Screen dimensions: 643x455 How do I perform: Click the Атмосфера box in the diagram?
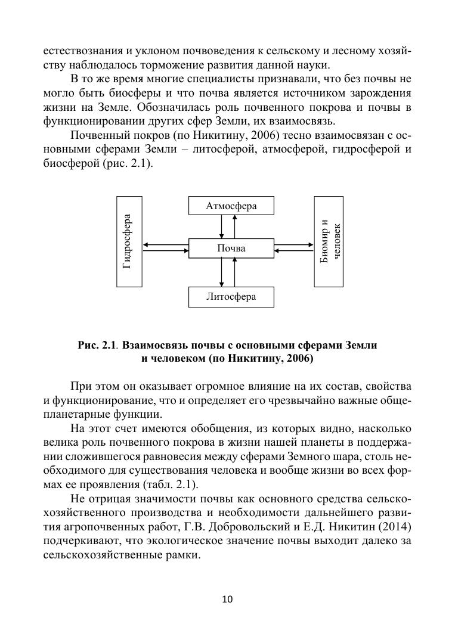point(231,206)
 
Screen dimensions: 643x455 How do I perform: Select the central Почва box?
point(231,248)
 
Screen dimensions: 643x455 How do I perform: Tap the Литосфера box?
point(231,297)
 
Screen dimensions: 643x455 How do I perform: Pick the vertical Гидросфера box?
point(129,241)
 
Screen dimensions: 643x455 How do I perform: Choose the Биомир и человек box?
point(329,241)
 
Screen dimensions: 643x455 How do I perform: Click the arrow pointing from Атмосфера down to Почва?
point(221,226)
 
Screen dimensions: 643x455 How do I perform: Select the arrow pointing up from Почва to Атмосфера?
point(235,226)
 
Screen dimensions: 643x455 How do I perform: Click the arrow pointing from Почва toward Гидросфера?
point(166,244)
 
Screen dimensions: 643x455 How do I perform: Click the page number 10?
point(227,599)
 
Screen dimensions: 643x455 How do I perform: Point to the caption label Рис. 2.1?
point(95,346)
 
